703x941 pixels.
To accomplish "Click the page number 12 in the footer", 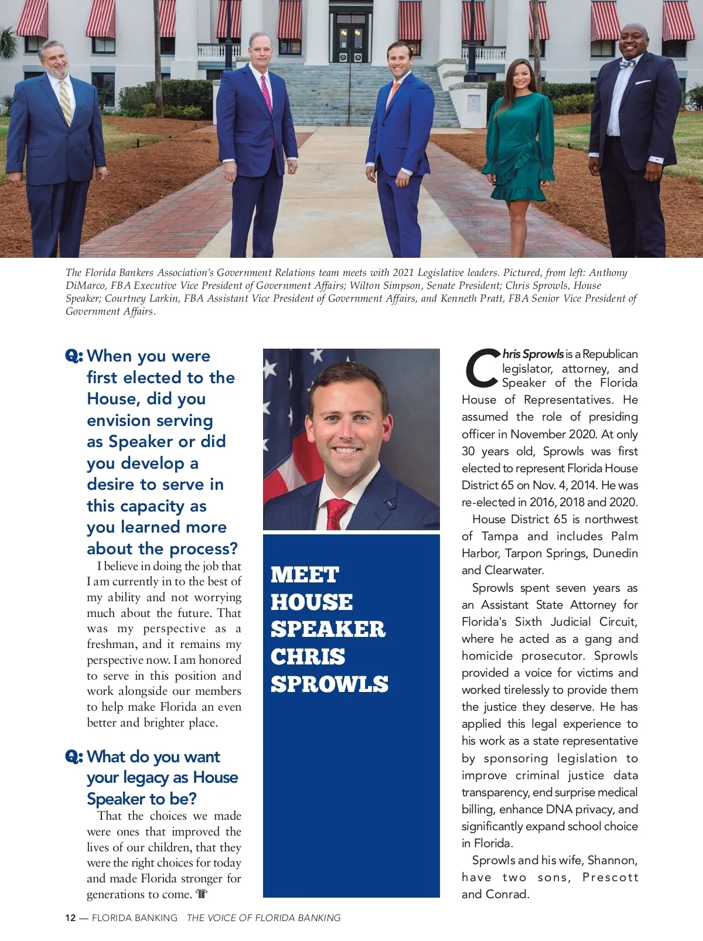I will pyautogui.click(x=70, y=918).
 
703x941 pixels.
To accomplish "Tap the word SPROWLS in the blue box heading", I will pyautogui.click(x=329, y=684).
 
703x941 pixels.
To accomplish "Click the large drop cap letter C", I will pyautogui.click(x=481, y=369).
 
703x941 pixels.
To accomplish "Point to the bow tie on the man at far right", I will pyautogui.click(x=627, y=63).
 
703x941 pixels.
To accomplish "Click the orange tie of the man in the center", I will pyautogui.click(x=393, y=94).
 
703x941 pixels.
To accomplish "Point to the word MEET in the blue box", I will pyautogui.click(x=305, y=574).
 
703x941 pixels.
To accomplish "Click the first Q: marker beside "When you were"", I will pyautogui.click(x=74, y=356).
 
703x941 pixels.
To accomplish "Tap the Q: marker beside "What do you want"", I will pyautogui.click(x=74, y=756).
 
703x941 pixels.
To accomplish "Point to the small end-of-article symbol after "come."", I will pyautogui.click(x=202, y=894).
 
